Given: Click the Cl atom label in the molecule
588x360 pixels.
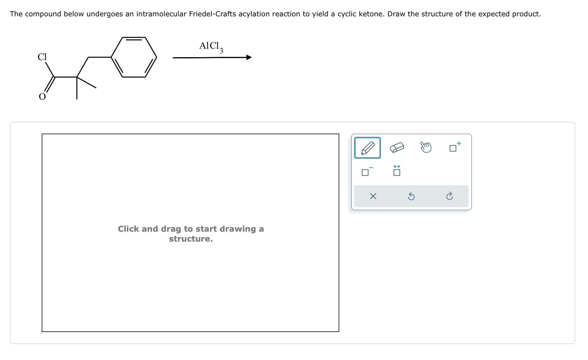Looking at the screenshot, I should [42, 57].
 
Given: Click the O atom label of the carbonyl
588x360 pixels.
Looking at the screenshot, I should [42, 97].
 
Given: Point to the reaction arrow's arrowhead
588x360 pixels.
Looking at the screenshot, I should [249, 57].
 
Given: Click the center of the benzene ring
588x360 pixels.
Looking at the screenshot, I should [134, 57].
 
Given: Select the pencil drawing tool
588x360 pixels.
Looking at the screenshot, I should [367, 148].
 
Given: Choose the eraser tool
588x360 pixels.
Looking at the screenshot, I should [397, 147].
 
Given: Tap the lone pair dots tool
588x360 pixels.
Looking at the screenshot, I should [397, 171].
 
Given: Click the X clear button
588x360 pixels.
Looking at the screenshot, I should [373, 196].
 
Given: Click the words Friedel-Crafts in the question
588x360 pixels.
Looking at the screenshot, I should [212, 14].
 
